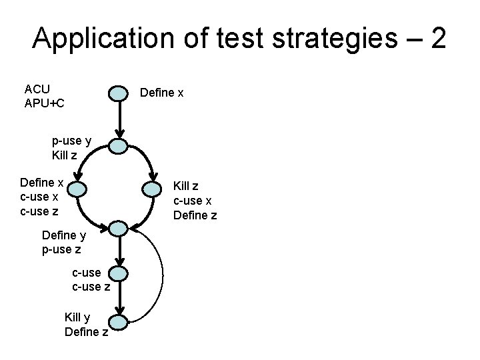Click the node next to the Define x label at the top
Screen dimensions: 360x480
coord(117,93)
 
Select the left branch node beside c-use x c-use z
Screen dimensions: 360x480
coord(77,190)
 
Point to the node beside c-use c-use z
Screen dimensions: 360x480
coord(118,273)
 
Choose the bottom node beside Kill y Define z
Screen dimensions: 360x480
coord(118,323)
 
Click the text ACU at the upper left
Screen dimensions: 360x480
coord(37,89)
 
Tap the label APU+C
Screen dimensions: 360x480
coord(44,103)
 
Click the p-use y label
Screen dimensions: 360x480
coord(71,141)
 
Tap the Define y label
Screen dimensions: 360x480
coord(63,235)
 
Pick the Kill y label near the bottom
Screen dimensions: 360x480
coord(79,317)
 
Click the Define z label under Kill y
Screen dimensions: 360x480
coord(87,331)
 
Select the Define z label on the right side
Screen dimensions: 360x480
coord(195,215)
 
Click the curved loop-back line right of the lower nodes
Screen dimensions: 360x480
coord(162,273)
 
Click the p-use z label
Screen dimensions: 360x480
coord(61,249)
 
